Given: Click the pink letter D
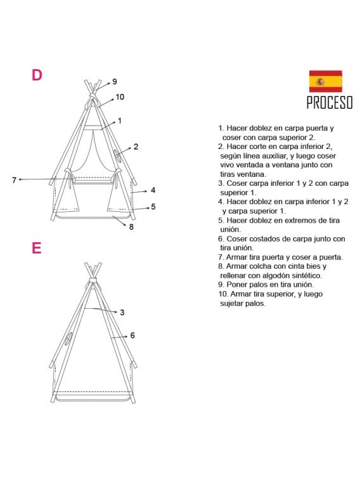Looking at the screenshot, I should (x=37, y=75).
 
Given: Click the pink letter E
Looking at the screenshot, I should (x=36, y=248).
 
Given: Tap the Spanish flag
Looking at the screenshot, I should (x=325, y=81).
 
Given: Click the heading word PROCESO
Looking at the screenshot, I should (x=329, y=103).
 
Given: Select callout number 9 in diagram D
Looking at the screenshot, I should (x=115, y=81).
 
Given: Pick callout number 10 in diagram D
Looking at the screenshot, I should (x=120, y=97).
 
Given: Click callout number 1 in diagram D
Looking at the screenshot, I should (x=119, y=120).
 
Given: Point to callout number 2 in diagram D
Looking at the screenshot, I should (x=136, y=146).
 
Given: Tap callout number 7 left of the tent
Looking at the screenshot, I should (x=14, y=180).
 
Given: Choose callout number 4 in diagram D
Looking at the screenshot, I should (x=153, y=190).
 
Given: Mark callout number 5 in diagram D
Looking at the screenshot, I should (x=153, y=206).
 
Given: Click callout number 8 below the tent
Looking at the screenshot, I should (x=131, y=226).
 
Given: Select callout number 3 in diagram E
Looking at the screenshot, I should (x=122, y=312).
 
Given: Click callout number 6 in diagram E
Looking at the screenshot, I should (x=132, y=335).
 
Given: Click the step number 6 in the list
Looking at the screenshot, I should (x=220, y=239).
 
